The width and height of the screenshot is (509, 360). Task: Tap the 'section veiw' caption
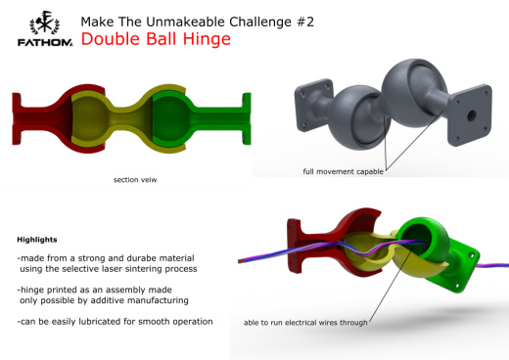tap(134, 179)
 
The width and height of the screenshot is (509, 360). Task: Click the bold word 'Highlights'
tap(38, 239)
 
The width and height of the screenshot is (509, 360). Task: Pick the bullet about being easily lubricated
tap(115, 322)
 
